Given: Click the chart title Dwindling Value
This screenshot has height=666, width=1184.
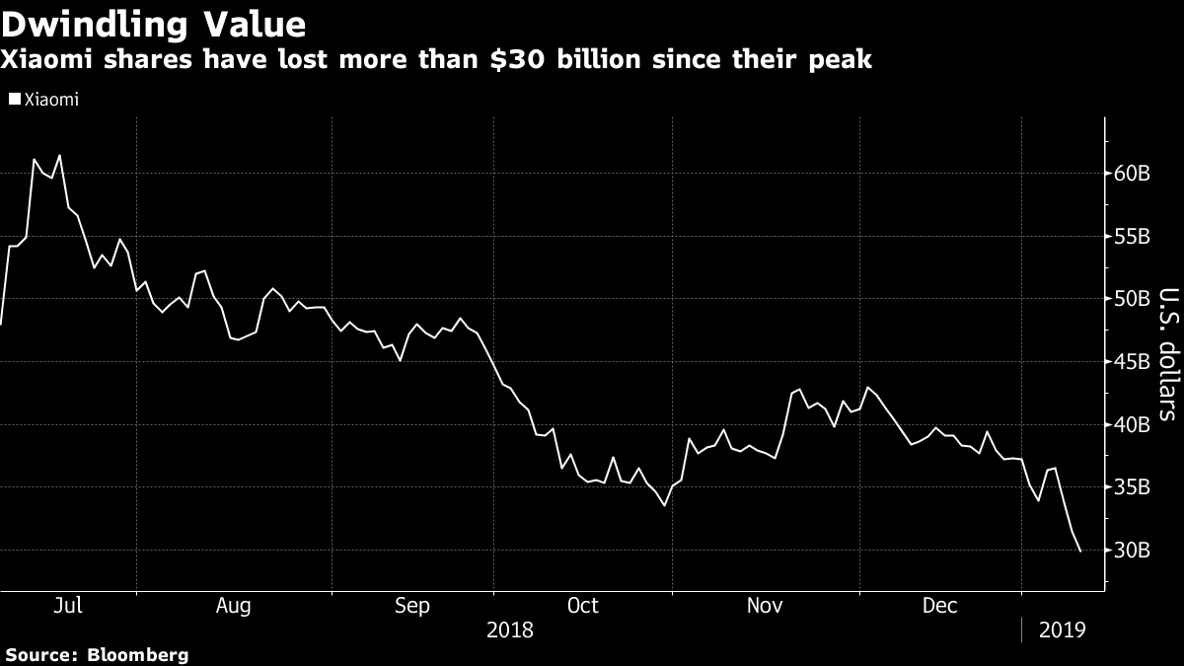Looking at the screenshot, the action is coord(153,25).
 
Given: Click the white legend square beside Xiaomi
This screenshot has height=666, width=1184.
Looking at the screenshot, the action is coord(15,99).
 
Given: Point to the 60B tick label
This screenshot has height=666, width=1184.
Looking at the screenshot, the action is coord(1132,174).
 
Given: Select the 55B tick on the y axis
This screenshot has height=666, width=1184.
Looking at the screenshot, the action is coord(1132,236).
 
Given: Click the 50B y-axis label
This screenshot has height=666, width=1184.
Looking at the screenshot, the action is coord(1132,299).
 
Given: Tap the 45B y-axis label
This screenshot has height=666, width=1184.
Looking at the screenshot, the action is coord(1132,361).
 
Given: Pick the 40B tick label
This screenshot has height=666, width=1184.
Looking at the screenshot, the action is coord(1132,424).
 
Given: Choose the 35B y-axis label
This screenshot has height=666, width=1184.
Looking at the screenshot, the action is coord(1132,487).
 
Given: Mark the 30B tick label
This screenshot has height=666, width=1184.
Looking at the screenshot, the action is coord(1132,551).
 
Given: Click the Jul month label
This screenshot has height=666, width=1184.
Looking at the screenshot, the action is coord(68,605).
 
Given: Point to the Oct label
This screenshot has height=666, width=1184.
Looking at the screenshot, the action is coord(582,605).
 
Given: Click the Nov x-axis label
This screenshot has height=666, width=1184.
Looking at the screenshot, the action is coord(765,605).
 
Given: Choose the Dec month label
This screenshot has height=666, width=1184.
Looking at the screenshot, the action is coord(939,605).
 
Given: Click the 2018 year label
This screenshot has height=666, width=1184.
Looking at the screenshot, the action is coord(509,630).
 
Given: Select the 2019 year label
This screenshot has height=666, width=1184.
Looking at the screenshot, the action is coord(1062,630).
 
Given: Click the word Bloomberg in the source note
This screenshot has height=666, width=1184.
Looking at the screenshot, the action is coord(137,655).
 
